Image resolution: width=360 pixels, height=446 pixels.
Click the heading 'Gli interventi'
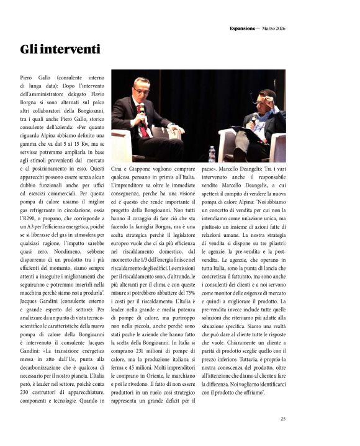coord(59,49)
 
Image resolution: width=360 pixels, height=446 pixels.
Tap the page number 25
coord(282,419)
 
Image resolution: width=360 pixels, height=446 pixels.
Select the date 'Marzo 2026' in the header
coord(273,28)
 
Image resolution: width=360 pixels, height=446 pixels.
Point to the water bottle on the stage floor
coord(211,153)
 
